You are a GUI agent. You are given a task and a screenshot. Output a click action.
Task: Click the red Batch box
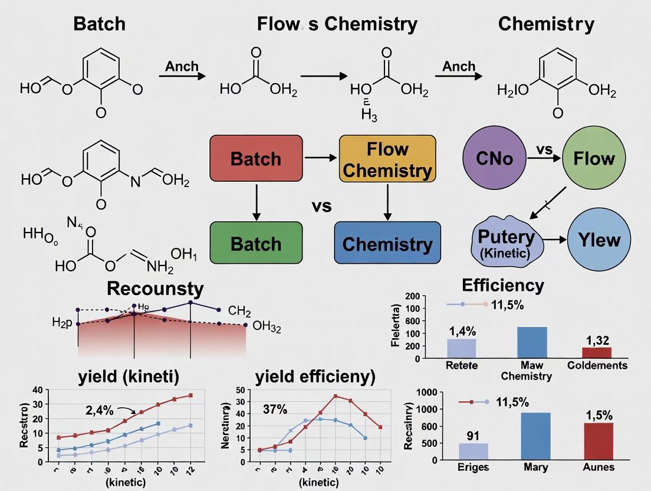click(x=256, y=159)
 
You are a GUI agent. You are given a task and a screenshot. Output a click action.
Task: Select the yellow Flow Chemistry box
click(x=387, y=159)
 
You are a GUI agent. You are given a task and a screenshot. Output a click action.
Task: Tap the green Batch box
click(x=256, y=243)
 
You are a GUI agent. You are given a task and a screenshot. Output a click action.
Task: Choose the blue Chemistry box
click(x=387, y=243)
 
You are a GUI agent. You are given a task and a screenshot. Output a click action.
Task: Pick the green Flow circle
click(x=594, y=158)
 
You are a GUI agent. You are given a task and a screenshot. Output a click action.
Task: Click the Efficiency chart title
click(x=503, y=286)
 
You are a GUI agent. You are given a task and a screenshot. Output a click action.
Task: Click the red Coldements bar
click(x=597, y=352)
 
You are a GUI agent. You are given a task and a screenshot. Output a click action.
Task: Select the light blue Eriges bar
click(x=474, y=451)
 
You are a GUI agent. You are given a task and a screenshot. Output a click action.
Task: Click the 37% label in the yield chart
click(x=274, y=409)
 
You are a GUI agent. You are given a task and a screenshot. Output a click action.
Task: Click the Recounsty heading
click(x=156, y=289)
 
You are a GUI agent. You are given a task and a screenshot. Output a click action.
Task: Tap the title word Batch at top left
click(x=99, y=24)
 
